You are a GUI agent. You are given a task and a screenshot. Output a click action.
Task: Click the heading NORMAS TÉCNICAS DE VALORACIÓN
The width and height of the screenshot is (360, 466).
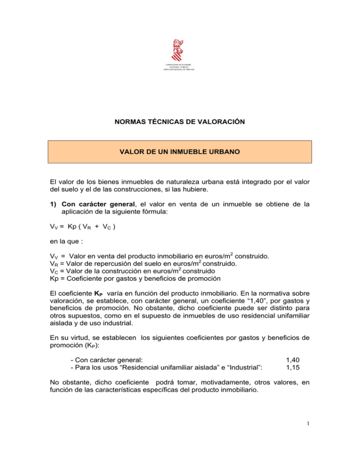coord(180,121)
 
